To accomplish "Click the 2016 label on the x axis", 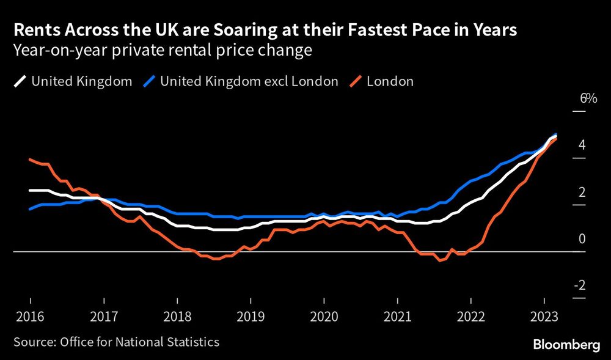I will (x=30, y=318).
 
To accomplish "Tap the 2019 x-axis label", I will (x=251, y=318).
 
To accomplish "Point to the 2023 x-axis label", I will (x=544, y=318).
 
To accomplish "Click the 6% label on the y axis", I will (x=588, y=98).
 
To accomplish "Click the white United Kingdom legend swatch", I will (x=19, y=81).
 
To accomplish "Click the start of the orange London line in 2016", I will (x=30, y=160).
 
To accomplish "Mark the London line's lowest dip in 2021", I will (x=439, y=261).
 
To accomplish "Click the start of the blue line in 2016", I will (x=30, y=209).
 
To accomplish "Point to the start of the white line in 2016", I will (x=30, y=190).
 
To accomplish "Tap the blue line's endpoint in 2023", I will (x=555, y=134).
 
